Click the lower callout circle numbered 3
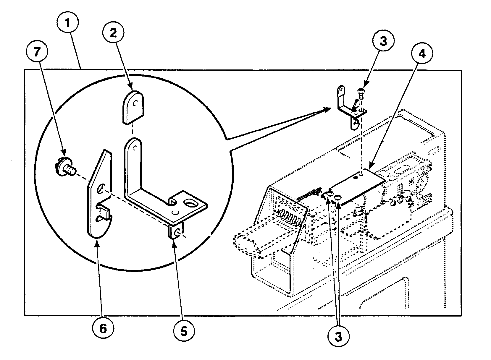tap(338, 336)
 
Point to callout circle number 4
tap(422, 54)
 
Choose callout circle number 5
tap(183, 332)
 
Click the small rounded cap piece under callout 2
tap(133, 106)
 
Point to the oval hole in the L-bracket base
tap(190, 204)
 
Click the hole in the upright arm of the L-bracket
tap(135, 147)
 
